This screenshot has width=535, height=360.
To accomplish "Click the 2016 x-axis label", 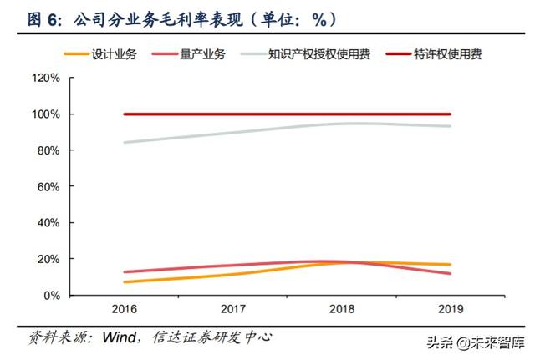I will [123, 309].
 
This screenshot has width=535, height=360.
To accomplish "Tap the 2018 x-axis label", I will [341, 309].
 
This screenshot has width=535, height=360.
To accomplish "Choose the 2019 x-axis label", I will [451, 309].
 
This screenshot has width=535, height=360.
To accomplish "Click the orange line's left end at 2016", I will [124, 281].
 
